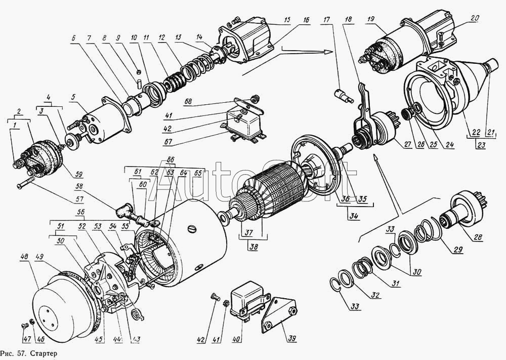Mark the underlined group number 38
click(x=254, y=247)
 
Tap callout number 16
click(x=305, y=20)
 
